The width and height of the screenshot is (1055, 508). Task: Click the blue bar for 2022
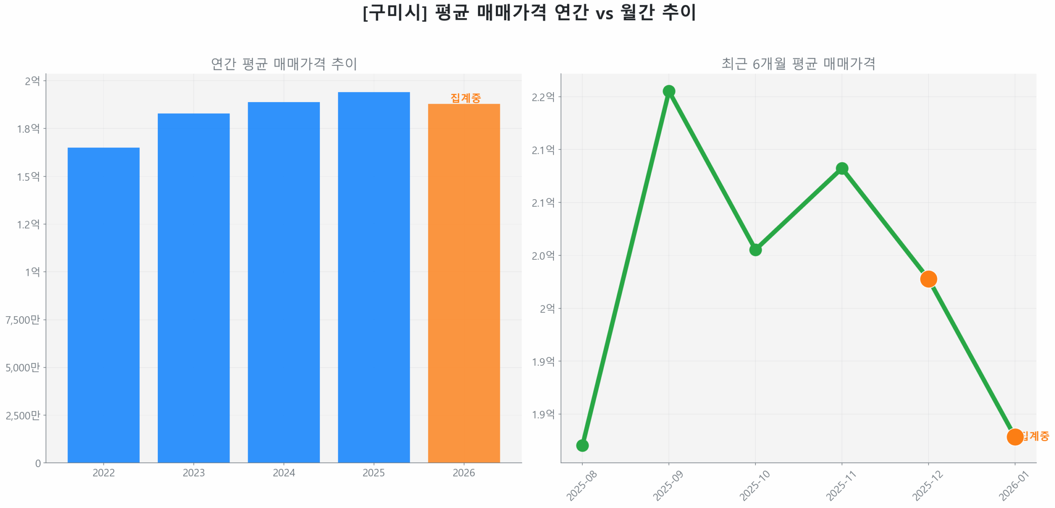[x=103, y=305]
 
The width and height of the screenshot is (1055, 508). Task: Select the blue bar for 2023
[x=193, y=288]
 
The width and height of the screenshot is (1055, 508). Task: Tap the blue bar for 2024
[x=284, y=282]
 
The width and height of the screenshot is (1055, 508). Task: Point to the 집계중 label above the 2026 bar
[x=465, y=98]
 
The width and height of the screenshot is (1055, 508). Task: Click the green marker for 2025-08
[x=582, y=445]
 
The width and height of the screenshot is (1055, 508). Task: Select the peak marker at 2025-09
[x=668, y=91]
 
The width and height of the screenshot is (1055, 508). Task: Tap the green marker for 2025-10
[x=755, y=249]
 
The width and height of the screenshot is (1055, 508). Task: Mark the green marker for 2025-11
[x=842, y=168]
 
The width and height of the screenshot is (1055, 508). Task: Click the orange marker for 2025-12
[x=928, y=279]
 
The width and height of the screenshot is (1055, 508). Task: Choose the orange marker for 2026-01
[x=1015, y=436]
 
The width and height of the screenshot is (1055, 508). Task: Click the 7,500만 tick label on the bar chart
[x=23, y=319]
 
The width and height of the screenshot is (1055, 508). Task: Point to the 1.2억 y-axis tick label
[x=28, y=224]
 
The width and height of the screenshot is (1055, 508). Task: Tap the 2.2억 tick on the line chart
[x=543, y=97]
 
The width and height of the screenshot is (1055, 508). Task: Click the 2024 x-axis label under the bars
[x=284, y=473]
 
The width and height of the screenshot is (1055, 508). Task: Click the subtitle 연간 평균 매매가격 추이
[x=284, y=63]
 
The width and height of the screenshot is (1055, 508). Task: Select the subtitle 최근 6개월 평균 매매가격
[x=798, y=63]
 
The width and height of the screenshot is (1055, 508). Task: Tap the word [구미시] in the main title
[x=394, y=12]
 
